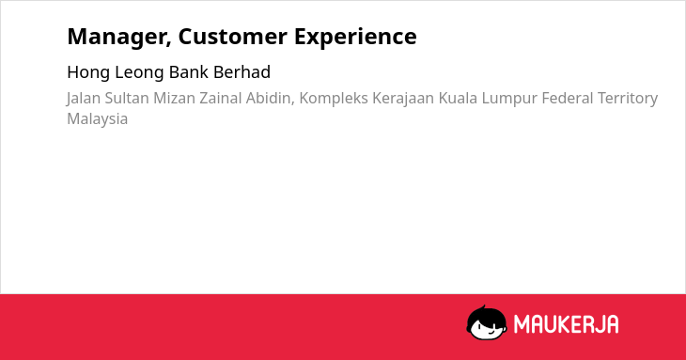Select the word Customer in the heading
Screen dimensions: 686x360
(232, 36)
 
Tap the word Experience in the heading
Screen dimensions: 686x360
(355, 38)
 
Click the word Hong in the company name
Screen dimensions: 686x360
(88, 72)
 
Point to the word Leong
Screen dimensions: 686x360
(140, 72)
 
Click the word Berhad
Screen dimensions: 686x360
(242, 71)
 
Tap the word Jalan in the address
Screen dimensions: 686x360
(84, 99)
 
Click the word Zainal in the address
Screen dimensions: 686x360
(221, 98)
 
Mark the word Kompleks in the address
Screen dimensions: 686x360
(334, 99)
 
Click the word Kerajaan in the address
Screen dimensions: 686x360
(403, 99)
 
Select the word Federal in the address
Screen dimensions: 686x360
(568, 98)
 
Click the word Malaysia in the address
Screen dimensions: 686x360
(97, 119)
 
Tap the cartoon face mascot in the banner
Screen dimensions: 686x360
(487, 323)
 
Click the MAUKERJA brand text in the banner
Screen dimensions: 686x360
(566, 324)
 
